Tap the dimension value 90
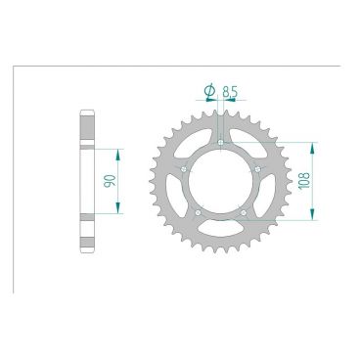point(110,181)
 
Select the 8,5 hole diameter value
point(229,92)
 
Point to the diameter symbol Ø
point(209,91)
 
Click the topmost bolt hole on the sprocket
point(220,142)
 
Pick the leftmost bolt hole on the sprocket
point(184,169)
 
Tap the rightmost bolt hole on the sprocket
point(257,169)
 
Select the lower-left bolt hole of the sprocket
point(198,212)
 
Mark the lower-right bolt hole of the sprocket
point(244,212)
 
